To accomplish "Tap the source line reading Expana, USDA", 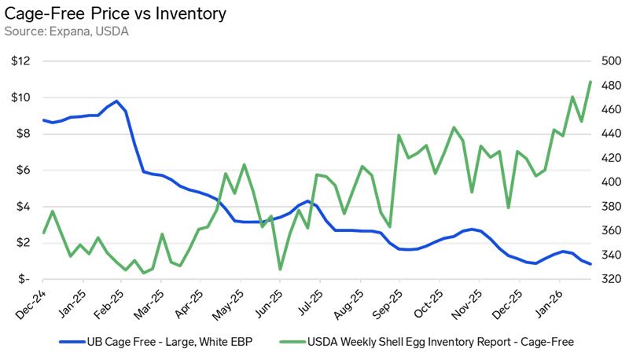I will click(67, 31).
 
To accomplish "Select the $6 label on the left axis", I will click(23, 171).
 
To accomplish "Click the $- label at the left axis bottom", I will click(24, 279).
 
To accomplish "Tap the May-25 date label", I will click(228, 302).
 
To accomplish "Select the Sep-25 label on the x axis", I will click(387, 302).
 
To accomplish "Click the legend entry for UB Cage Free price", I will click(157, 342).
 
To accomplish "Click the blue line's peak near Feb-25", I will click(116, 101).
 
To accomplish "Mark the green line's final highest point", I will click(590, 82).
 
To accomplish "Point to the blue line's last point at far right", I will click(590, 264).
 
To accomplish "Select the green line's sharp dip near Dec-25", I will click(508, 208).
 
